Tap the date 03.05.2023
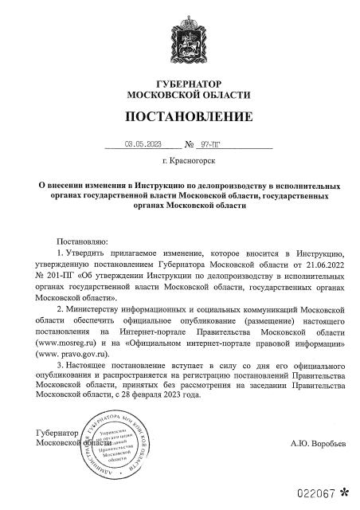click(143, 145)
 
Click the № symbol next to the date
click(190, 145)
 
